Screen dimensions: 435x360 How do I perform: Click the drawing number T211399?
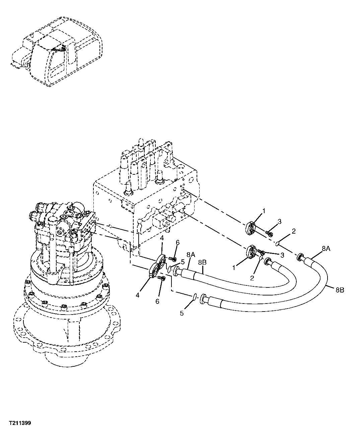click(20, 423)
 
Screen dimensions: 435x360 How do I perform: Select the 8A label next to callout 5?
click(191, 255)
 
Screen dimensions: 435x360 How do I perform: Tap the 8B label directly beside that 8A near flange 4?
click(202, 262)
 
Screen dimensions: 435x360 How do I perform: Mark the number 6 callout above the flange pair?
click(178, 242)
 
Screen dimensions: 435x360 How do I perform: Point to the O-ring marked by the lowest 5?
click(194, 296)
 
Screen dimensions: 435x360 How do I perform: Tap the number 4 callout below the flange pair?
click(138, 295)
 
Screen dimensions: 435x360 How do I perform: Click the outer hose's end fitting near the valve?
click(301, 257)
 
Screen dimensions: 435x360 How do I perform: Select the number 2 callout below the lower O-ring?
click(252, 278)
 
